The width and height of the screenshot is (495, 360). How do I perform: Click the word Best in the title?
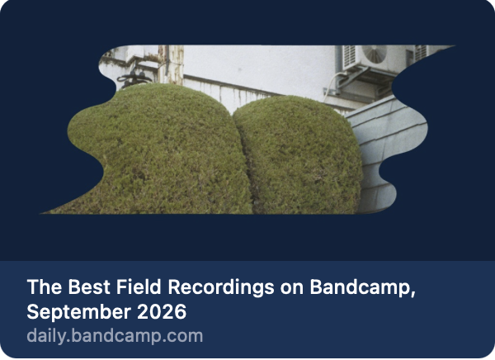pyautogui.click(x=89, y=287)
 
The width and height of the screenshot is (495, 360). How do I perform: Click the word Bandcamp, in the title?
pyautogui.click(x=362, y=288)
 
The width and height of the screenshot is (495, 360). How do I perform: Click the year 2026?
pyautogui.click(x=162, y=312)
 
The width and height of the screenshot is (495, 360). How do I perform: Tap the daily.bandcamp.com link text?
pyautogui.click(x=115, y=336)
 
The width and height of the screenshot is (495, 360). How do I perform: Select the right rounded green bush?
pyautogui.click(x=299, y=155)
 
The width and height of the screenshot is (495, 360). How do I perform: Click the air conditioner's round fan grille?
pyautogui.click(x=375, y=54)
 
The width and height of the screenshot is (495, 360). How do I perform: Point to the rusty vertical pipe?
pyautogui.click(x=171, y=64)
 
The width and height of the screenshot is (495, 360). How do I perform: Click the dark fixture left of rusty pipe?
pyautogui.click(x=134, y=78)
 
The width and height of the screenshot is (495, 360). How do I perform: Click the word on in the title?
pyautogui.click(x=292, y=289)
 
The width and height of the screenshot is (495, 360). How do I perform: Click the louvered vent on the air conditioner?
pyautogui.click(x=349, y=57)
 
